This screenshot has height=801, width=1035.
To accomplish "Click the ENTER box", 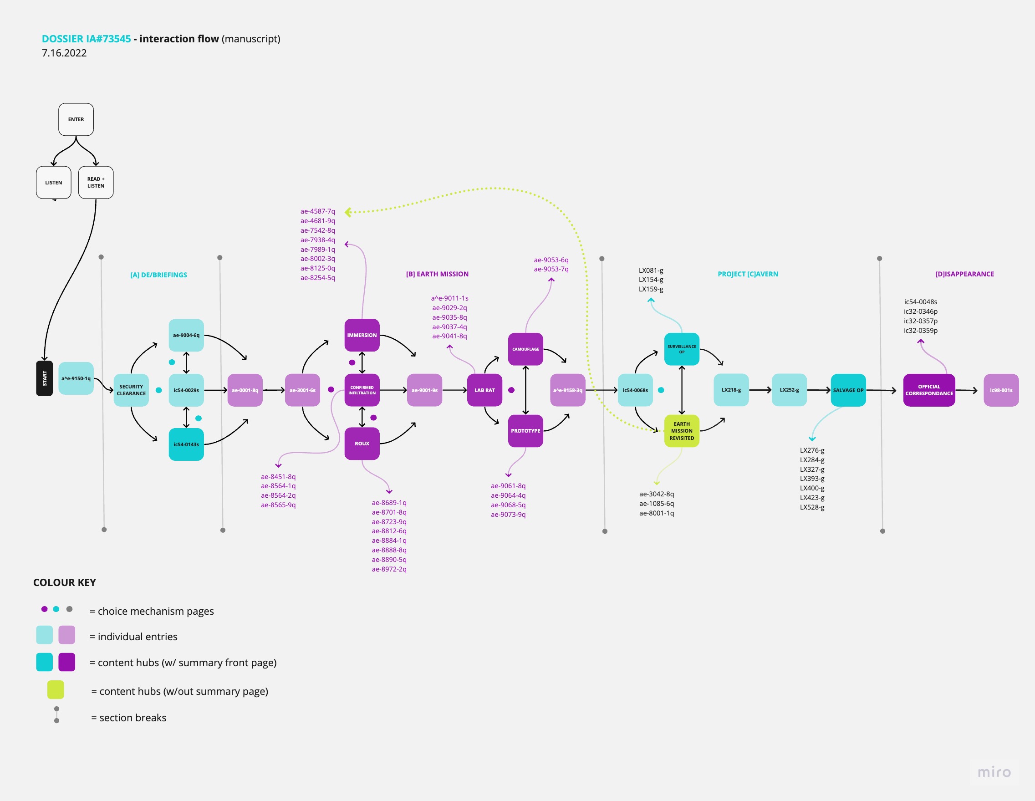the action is click(76, 119).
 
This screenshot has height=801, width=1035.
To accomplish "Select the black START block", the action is click(45, 378).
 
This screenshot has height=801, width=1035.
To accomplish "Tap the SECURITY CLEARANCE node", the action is click(131, 390).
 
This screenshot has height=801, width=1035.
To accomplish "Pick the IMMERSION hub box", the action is click(362, 335).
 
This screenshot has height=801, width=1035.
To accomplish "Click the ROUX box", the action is click(362, 444).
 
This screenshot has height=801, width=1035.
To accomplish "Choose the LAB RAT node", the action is click(484, 390).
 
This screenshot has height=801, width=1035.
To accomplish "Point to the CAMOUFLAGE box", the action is click(525, 349).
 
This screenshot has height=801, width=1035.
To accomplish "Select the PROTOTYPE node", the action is click(525, 431).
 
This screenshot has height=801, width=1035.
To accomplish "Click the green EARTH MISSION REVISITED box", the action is click(682, 431).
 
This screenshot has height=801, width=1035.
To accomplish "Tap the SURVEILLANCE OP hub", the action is click(682, 349).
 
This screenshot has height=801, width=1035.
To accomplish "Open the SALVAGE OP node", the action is click(848, 390).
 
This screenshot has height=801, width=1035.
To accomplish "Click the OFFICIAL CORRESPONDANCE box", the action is click(929, 390).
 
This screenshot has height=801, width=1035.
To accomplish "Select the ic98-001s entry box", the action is click(1001, 390).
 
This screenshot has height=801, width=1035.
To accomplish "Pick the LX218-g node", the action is click(731, 390).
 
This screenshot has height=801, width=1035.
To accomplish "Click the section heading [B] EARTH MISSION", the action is click(437, 274).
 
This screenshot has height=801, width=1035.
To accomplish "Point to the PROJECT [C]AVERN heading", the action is click(748, 274).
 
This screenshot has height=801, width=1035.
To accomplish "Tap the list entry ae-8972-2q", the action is click(389, 569).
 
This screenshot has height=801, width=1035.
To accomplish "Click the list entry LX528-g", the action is click(812, 507).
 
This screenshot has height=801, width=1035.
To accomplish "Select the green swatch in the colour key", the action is click(56, 689).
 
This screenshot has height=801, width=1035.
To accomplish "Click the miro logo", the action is click(994, 773).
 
